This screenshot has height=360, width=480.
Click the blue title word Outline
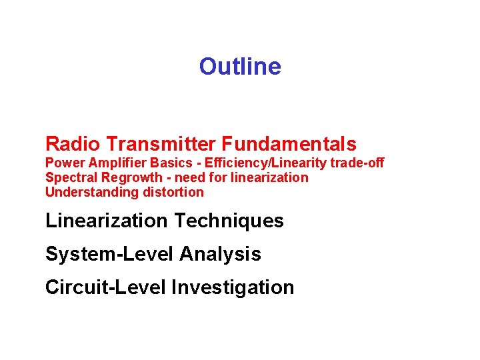(240, 67)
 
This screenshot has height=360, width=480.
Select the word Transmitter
(161, 143)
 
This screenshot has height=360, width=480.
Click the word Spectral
(67, 177)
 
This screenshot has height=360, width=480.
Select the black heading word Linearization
(107, 221)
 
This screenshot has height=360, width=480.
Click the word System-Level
(109, 254)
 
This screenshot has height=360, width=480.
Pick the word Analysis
(220, 255)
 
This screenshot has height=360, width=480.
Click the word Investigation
(233, 288)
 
